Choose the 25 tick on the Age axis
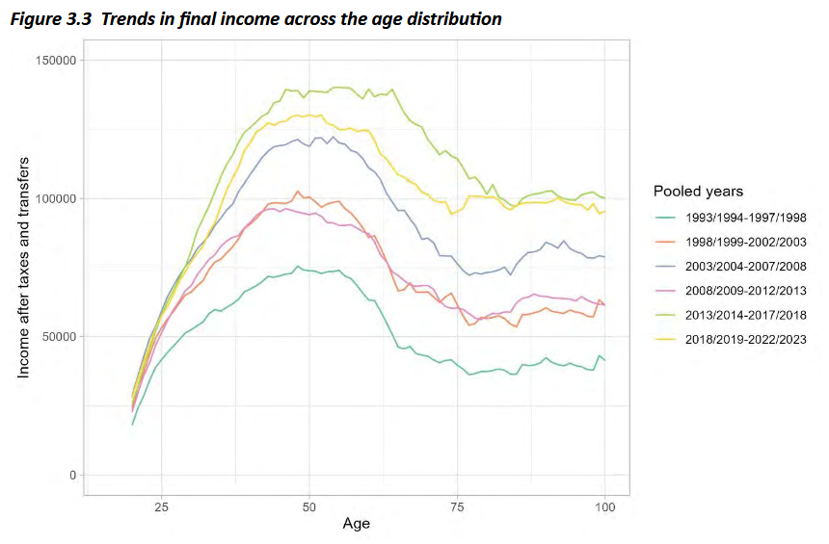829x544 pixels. point(161,506)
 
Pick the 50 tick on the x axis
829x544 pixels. point(309,506)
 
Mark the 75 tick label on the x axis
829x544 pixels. point(457,506)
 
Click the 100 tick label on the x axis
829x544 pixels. point(604,506)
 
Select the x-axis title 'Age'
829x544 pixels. point(357,525)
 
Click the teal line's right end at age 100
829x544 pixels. point(604,360)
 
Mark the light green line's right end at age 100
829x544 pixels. point(604,198)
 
